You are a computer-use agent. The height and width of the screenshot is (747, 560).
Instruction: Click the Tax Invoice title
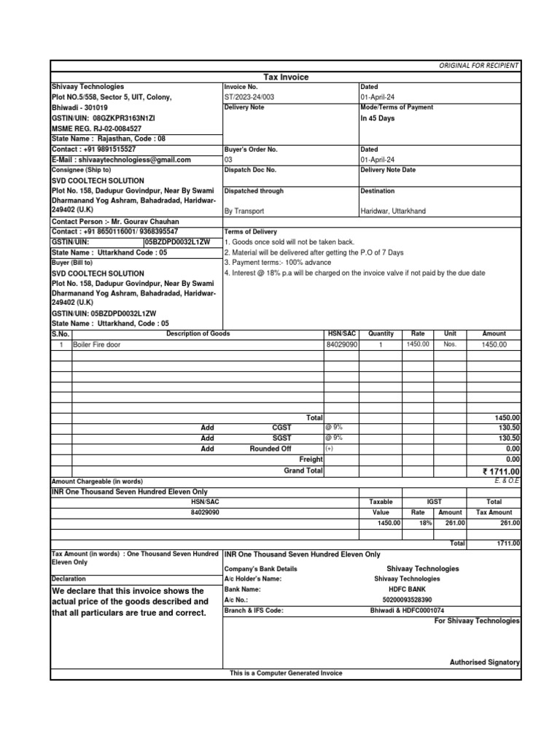[x=286, y=77]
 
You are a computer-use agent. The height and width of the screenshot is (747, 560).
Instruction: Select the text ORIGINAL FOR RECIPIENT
[x=478, y=66]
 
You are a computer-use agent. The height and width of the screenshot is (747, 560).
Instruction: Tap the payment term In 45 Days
[x=377, y=118]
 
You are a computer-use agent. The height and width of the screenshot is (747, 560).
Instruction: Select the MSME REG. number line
[x=96, y=128]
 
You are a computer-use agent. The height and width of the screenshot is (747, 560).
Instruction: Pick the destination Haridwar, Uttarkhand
[x=393, y=211]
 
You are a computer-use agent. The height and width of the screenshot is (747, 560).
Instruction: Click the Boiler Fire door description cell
[x=97, y=344]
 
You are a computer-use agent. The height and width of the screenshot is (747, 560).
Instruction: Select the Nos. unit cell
[x=450, y=344]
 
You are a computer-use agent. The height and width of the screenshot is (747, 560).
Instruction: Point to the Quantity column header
[x=381, y=333]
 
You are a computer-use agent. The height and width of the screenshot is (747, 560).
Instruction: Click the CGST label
[x=281, y=427]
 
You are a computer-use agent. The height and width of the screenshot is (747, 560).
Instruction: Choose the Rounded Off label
[x=270, y=449]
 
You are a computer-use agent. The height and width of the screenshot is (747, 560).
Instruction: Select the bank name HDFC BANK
[x=407, y=588]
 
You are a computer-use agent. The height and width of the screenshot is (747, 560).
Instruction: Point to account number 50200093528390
[x=407, y=599]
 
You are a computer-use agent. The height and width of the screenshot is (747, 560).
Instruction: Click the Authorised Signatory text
[x=484, y=662]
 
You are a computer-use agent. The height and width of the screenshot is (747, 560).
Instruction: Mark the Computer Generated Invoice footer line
[x=286, y=673]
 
